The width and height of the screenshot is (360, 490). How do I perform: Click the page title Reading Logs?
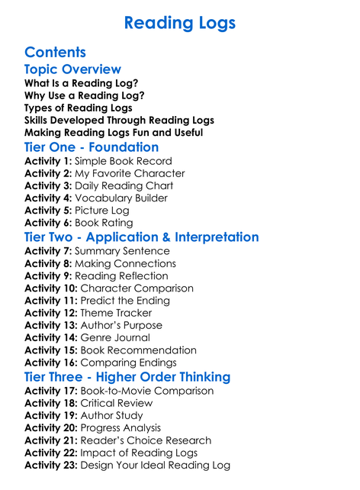179,24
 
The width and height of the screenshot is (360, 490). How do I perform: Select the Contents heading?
55,53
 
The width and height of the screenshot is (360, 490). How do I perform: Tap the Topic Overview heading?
72,69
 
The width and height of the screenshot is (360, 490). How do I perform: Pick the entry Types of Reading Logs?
78,108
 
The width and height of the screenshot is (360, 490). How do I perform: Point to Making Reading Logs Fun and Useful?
114,132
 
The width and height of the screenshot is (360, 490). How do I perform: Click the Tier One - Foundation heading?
92,147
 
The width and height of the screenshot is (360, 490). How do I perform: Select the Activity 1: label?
48,161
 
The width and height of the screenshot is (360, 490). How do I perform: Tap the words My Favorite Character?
130,173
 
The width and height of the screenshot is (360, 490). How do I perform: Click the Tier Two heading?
141,237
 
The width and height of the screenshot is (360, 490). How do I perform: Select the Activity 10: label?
51,289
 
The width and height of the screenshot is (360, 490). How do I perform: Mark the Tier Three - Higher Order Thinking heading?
127,377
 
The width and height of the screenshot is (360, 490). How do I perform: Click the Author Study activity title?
111,416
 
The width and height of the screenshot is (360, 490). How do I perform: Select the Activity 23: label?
51,465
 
